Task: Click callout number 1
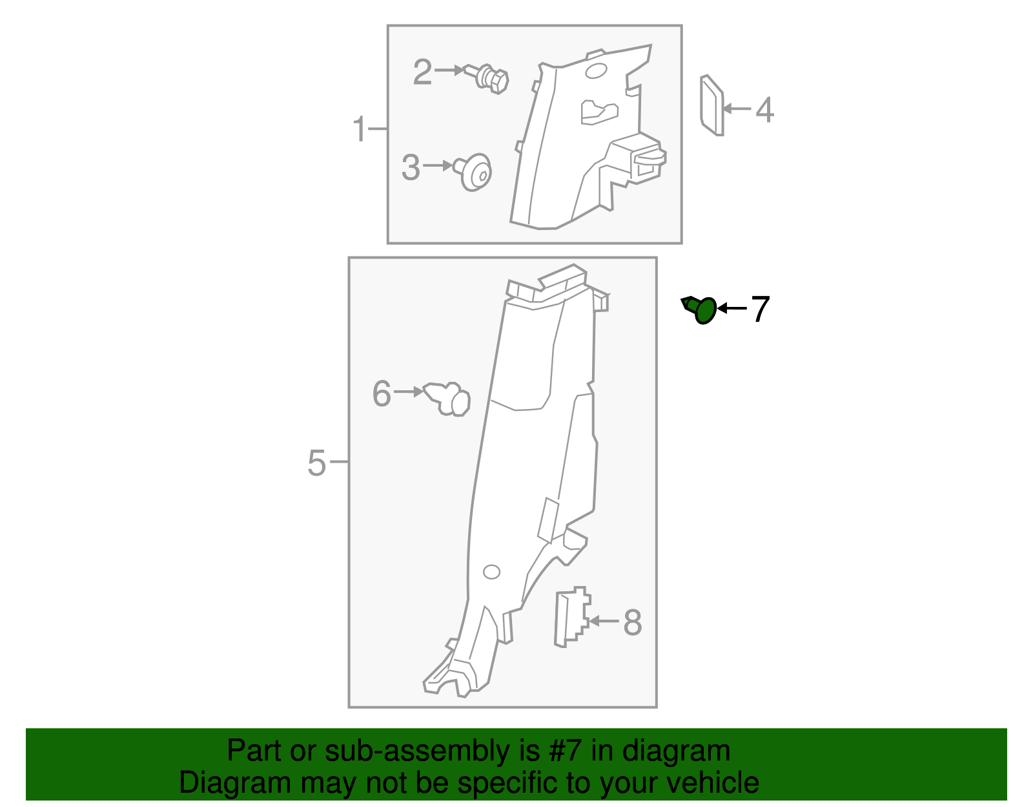click(360, 130)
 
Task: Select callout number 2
click(422, 72)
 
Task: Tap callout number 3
click(411, 167)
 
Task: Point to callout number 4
click(764, 110)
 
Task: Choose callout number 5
click(316, 463)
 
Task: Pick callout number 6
click(382, 393)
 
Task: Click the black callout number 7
click(760, 309)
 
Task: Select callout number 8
click(632, 622)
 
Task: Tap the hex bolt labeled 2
click(491, 78)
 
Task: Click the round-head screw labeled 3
click(476, 172)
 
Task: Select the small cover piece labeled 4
click(711, 105)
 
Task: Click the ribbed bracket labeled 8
click(571, 617)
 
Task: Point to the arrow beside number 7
click(732, 308)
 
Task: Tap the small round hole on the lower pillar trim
click(491, 572)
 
